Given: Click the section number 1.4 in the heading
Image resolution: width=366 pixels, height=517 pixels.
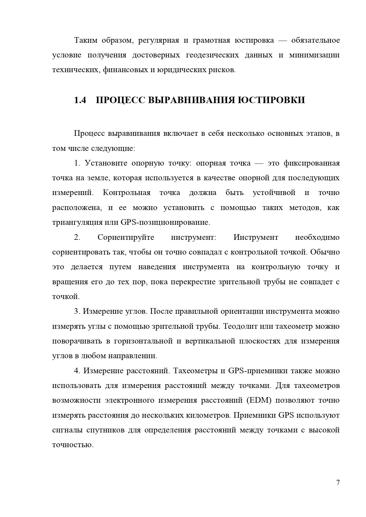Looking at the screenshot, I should [80, 100].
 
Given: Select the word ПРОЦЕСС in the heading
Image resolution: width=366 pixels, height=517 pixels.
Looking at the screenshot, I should [120, 100].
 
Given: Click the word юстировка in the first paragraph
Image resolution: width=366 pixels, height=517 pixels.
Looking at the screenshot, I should [254, 40].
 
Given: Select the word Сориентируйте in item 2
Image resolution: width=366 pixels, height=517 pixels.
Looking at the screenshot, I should [126, 237].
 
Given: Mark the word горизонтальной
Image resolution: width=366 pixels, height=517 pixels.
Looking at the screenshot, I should [143, 341].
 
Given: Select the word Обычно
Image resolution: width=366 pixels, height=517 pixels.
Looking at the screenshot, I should [325, 252].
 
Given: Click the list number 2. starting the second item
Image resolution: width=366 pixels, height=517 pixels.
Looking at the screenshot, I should [77, 237].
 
